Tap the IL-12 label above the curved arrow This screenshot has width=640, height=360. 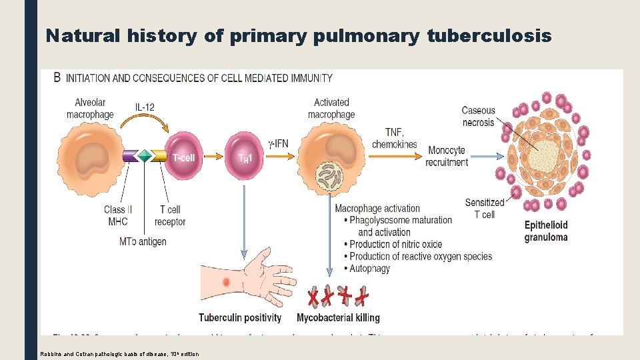147,107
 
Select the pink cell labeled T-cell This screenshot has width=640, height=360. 183,157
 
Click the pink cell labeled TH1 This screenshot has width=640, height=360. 245,157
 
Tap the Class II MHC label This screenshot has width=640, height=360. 118,215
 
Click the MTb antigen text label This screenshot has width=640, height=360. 143,241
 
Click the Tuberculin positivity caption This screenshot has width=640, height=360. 240,318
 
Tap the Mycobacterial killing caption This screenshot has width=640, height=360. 338,318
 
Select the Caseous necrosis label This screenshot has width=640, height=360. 479,117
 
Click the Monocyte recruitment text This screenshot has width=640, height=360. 447,156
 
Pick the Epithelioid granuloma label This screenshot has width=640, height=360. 545,231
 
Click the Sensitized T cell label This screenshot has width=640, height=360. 485,209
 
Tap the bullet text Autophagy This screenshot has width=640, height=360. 370,269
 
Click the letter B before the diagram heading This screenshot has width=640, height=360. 57,78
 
